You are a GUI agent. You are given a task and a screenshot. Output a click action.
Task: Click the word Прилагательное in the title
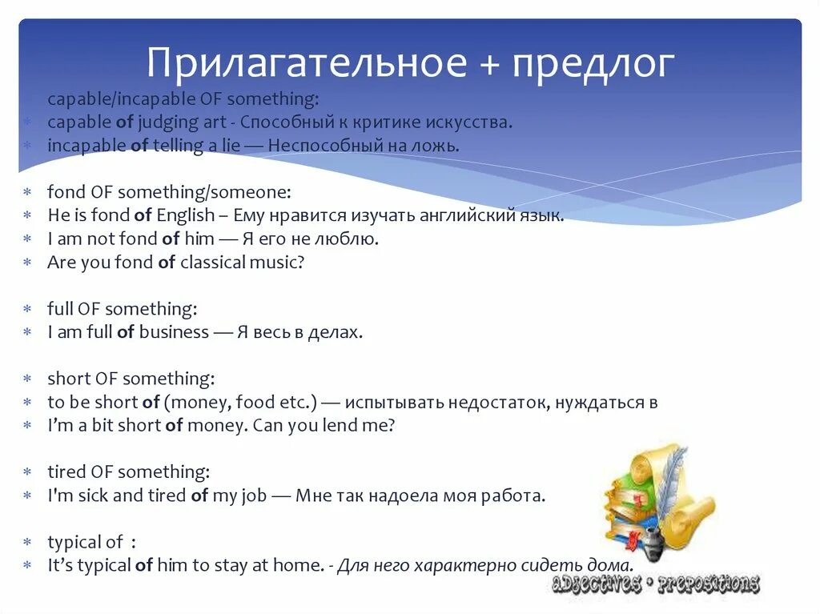coord(307,64)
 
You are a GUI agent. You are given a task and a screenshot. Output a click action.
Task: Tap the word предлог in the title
coord(593,64)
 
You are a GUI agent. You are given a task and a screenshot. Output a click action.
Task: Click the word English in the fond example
coord(186,215)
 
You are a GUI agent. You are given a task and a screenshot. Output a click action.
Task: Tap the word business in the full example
coord(174,332)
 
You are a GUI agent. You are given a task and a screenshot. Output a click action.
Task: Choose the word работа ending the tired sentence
coord(513,496)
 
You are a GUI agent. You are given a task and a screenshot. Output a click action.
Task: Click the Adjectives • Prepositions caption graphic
coord(655,584)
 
